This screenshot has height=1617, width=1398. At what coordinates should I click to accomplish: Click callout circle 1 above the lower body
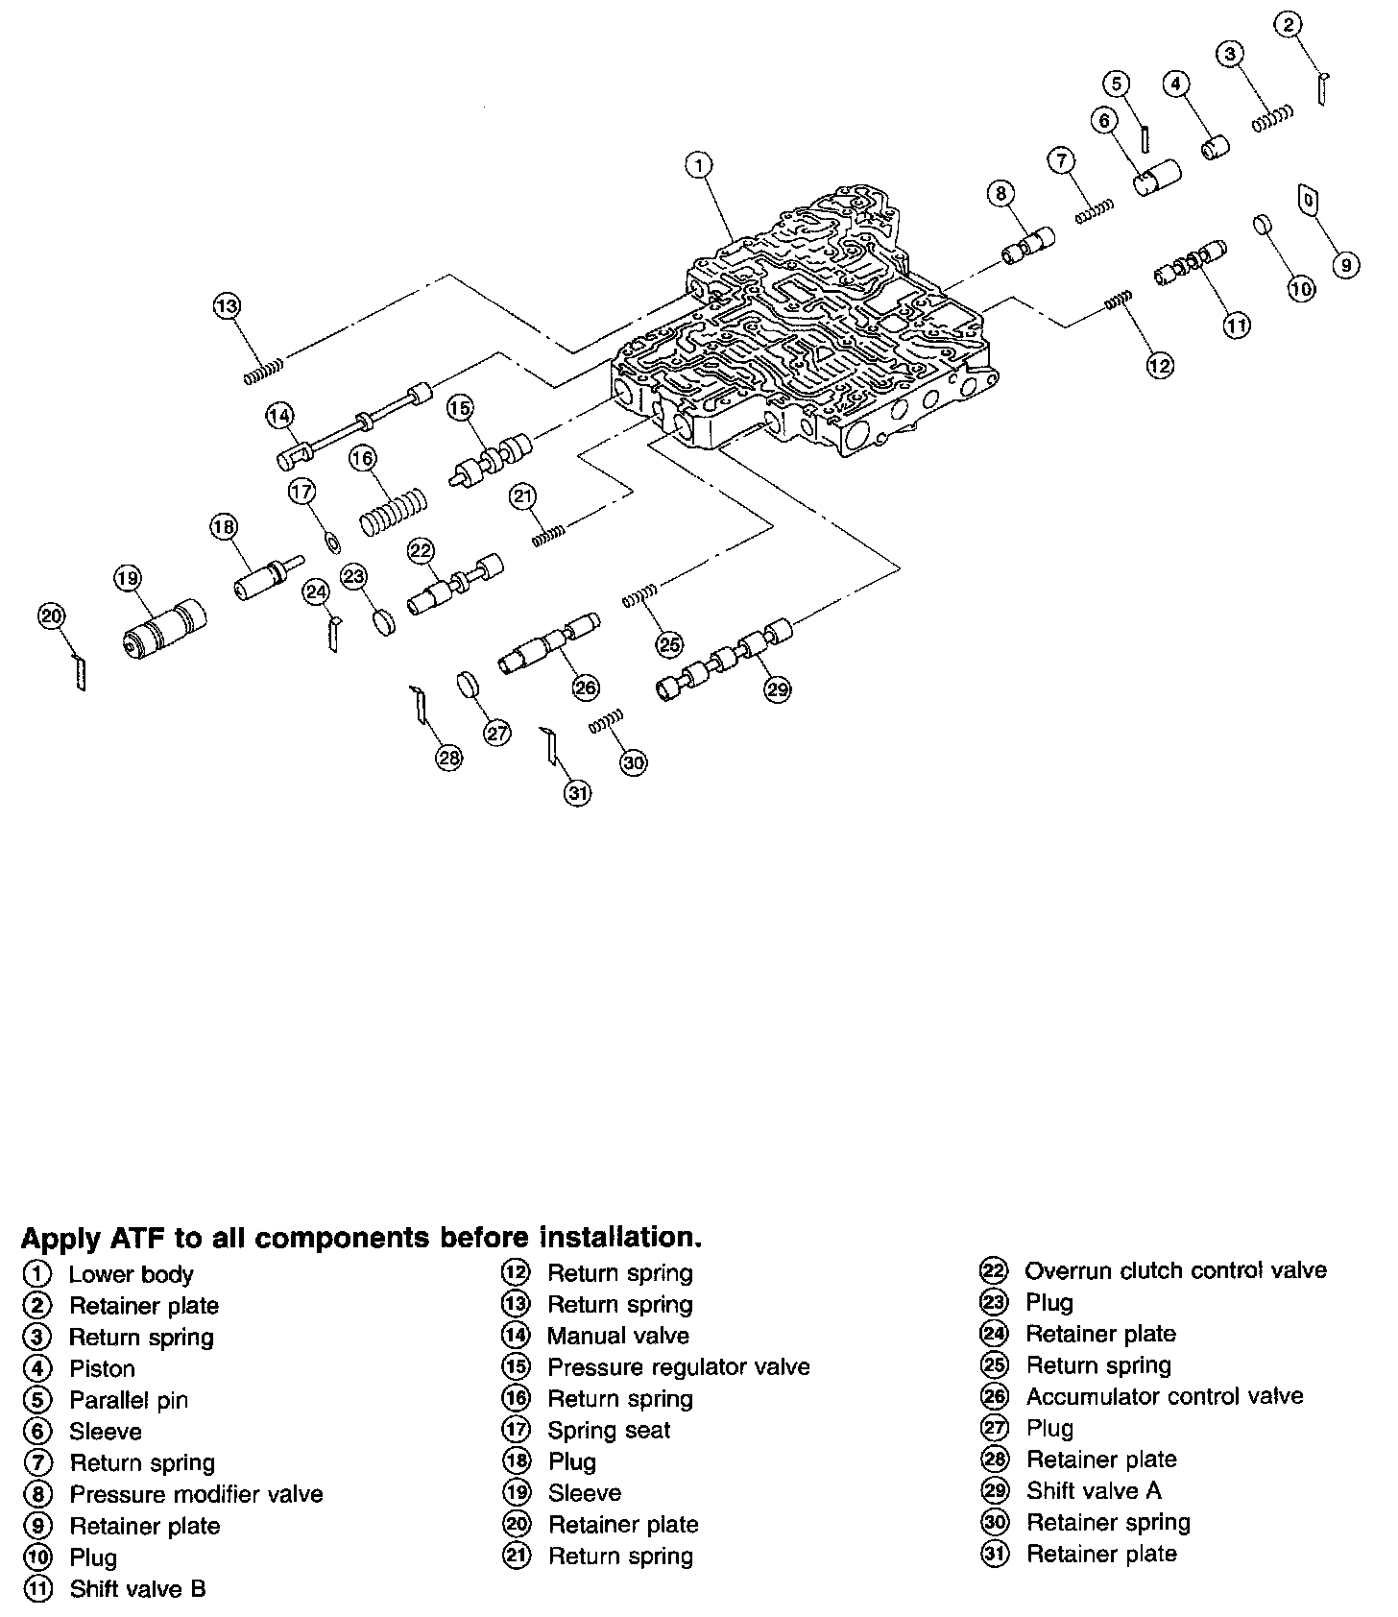click(x=699, y=165)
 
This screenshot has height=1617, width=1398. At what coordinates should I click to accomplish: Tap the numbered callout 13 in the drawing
click(x=227, y=306)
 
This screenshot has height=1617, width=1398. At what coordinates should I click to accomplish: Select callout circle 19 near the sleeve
click(x=127, y=578)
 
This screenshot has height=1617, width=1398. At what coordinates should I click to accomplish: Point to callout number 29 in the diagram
click(x=778, y=688)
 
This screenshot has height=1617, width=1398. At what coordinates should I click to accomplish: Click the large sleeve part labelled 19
click(x=165, y=631)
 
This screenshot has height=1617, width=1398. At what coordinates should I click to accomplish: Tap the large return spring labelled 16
click(x=394, y=513)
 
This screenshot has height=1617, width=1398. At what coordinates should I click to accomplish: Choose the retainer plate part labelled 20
click(x=80, y=670)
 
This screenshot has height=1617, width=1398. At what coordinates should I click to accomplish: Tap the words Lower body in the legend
click(x=131, y=1275)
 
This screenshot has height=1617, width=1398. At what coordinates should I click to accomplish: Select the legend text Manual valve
click(x=617, y=1336)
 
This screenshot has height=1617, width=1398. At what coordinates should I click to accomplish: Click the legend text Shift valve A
click(x=1094, y=1491)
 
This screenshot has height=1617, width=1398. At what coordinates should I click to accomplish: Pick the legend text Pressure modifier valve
click(x=196, y=1495)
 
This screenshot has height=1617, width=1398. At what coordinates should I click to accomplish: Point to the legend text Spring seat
click(x=609, y=1431)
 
